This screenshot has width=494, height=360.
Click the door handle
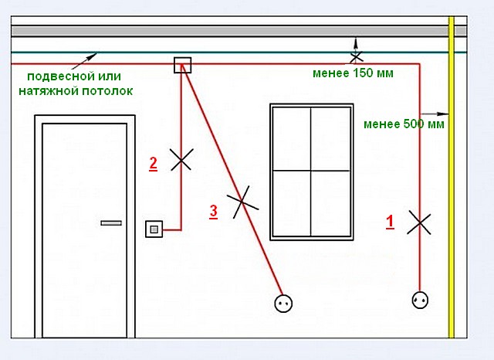pos(111,222)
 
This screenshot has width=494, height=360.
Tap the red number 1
pos(390,222)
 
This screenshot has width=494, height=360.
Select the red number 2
pos(154,163)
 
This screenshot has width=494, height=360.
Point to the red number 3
pos(214,209)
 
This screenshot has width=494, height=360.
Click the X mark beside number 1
pos(419,222)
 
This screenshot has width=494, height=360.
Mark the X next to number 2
pos(181,160)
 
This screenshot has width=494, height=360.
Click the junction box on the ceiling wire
pos(182,65)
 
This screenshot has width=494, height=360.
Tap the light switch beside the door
pos(154,229)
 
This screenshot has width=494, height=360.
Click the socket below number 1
pos(420,299)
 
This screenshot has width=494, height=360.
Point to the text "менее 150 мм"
pos(353,74)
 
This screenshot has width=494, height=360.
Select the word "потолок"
pos(109,90)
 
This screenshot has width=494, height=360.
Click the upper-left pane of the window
pos(291,138)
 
